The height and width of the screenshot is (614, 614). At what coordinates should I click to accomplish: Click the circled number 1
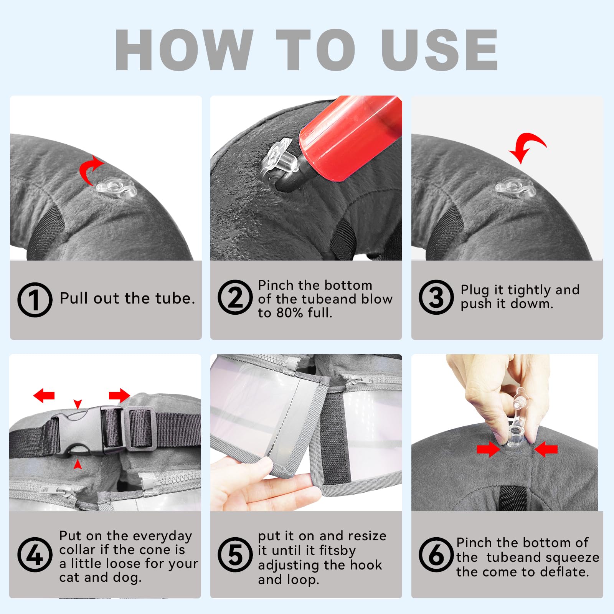pos(35,300)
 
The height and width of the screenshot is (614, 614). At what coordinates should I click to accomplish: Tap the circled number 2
pos(235,297)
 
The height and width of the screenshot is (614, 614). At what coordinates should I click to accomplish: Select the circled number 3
pos(436,297)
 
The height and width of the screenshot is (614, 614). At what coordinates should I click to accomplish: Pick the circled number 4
pos(35,555)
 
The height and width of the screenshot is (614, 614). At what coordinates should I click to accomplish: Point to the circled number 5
pos(235,555)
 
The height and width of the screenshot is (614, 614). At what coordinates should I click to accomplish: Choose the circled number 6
pos(436,555)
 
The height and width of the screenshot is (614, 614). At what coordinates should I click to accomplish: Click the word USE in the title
pos(440,50)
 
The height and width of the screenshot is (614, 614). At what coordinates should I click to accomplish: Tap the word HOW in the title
pos(184,50)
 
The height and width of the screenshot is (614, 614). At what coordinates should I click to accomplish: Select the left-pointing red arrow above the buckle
pos(44,395)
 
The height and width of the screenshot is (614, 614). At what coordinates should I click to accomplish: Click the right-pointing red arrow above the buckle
pos(119,395)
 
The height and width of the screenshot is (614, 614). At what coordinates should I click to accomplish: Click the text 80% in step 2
pos(290,313)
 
